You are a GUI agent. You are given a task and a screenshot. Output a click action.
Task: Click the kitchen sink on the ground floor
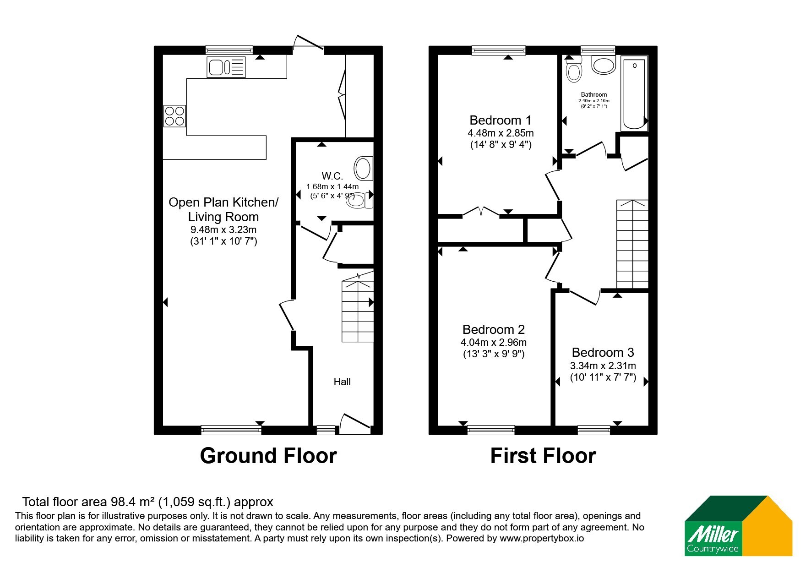click(x=226, y=67)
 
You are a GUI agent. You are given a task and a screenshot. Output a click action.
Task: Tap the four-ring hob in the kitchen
click(x=174, y=116)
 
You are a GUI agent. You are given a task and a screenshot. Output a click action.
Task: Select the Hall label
click(x=342, y=382)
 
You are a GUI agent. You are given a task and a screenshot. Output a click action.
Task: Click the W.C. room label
click(x=332, y=176)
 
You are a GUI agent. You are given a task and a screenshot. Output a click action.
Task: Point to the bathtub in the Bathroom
click(x=634, y=93)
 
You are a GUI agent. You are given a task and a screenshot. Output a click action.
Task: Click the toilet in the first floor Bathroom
click(x=573, y=71)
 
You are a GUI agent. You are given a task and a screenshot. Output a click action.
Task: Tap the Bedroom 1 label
click(x=501, y=120)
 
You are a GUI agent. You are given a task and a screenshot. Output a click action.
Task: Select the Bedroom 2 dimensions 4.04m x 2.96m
click(x=494, y=342)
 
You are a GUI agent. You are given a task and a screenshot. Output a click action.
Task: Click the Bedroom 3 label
click(x=603, y=352)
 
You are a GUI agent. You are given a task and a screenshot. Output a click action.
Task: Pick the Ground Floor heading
click(x=268, y=456)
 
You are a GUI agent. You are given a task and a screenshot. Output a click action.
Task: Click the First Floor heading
click(x=543, y=456)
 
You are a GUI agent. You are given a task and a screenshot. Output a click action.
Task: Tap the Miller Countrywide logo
click(x=738, y=526)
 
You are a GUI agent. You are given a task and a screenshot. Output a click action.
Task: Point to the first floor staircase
click(x=632, y=244)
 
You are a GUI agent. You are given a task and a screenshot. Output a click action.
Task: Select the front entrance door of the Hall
click(x=355, y=424)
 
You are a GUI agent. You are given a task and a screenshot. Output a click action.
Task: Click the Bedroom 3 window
click(x=593, y=430)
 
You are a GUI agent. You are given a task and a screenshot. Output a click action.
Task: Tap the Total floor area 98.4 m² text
click(x=147, y=502)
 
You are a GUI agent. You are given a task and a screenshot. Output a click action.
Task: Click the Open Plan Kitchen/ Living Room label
click(x=223, y=209)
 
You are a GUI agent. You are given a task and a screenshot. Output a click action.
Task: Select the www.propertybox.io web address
click(x=542, y=539)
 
